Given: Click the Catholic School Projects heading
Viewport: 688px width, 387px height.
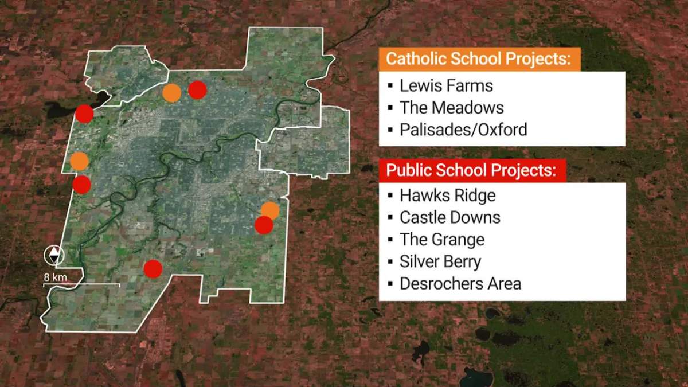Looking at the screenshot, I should (x=479, y=60).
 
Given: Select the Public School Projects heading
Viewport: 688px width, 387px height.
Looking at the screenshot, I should (x=471, y=171).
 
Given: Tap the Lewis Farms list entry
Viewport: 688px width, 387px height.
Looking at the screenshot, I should (x=446, y=86).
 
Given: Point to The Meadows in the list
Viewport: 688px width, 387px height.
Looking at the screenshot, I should (x=452, y=108).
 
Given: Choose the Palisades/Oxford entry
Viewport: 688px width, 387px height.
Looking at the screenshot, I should (x=463, y=130).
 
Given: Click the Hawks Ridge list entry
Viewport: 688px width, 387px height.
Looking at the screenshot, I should (x=447, y=196).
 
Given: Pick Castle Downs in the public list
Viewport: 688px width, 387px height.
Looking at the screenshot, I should (x=450, y=218).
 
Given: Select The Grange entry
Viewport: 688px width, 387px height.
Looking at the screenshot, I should (x=442, y=240).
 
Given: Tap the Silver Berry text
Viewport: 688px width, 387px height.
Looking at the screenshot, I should (x=440, y=261).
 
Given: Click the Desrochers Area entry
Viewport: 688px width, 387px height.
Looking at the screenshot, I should (x=460, y=283).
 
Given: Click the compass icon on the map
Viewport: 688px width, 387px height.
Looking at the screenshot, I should (x=54, y=256).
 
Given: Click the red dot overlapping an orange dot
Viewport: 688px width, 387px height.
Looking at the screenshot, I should (x=263, y=225).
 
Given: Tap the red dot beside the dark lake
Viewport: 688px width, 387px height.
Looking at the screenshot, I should (x=84, y=114).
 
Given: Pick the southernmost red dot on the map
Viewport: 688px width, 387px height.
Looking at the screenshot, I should (x=153, y=268).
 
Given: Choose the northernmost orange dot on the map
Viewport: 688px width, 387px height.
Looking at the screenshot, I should (x=171, y=92).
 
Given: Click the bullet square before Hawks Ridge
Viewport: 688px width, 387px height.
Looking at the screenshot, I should (x=390, y=196).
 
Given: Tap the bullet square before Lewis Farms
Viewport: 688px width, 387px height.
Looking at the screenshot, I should (x=390, y=87).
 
